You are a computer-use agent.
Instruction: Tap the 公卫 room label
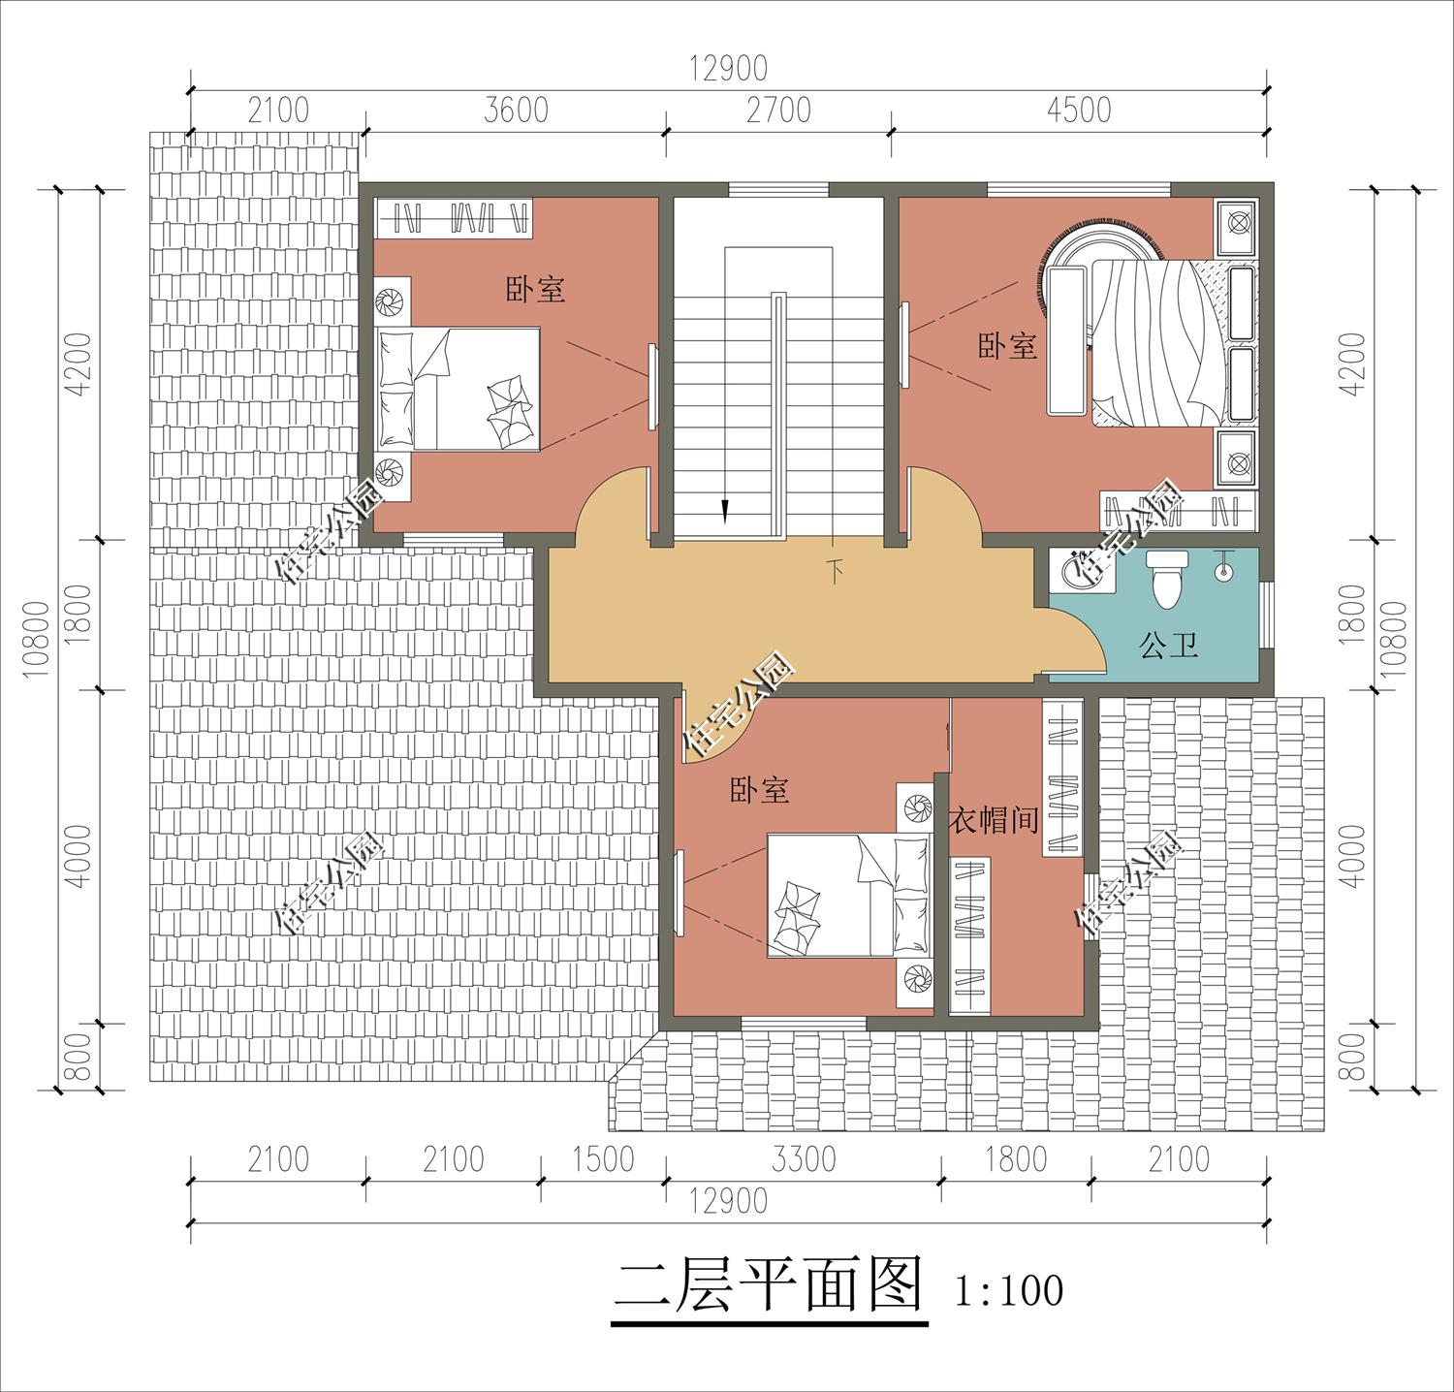click(x=1168, y=645)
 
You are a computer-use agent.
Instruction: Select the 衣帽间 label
click(x=994, y=821)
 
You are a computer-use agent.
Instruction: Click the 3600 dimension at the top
click(x=516, y=110)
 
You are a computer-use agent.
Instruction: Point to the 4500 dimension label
click(x=1078, y=110)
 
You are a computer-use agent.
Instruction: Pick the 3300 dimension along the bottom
click(x=804, y=1158)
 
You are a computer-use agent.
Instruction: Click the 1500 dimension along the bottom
click(x=603, y=1158)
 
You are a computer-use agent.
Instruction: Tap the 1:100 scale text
click(x=1008, y=1291)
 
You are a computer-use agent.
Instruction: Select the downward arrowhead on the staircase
click(x=723, y=510)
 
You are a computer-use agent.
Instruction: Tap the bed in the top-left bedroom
click(x=458, y=388)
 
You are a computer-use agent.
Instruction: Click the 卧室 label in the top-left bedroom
click(x=535, y=289)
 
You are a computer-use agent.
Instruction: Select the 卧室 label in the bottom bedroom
click(x=759, y=790)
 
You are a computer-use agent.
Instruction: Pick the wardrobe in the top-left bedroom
click(x=454, y=217)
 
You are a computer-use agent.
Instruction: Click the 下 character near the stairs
click(x=834, y=570)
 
